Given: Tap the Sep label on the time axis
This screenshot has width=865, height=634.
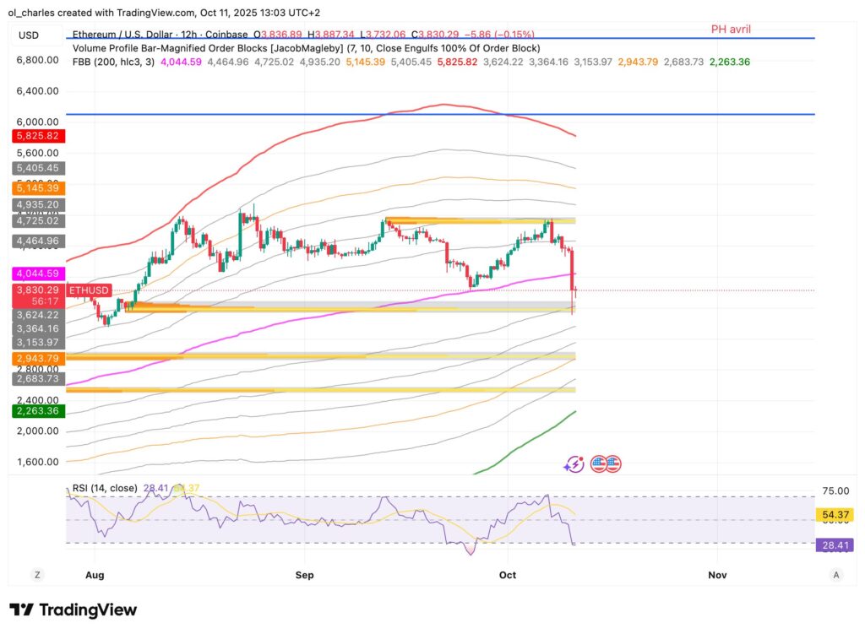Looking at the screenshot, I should click(304, 575).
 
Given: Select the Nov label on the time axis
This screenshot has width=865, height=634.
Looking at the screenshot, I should click(717, 575).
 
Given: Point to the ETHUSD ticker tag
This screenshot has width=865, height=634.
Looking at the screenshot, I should click(89, 290).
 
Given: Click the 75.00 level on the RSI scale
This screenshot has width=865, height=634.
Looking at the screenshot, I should click(835, 490).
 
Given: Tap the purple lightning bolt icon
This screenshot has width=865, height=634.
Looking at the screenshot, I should click(574, 463).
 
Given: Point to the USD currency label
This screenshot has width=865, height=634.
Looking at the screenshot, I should click(29, 35).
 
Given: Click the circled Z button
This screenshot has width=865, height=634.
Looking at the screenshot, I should click(37, 575).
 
